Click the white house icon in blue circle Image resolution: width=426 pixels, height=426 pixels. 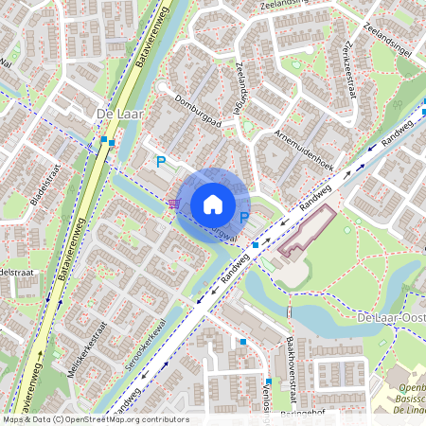[x=213, y=204]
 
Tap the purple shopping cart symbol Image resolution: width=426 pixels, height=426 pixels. [x=173, y=203]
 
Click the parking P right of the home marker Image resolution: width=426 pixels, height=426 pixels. [x=244, y=218]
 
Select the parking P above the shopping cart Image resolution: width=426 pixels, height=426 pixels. [x=161, y=162]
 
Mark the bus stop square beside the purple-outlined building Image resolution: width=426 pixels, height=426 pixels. [x=256, y=245]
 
